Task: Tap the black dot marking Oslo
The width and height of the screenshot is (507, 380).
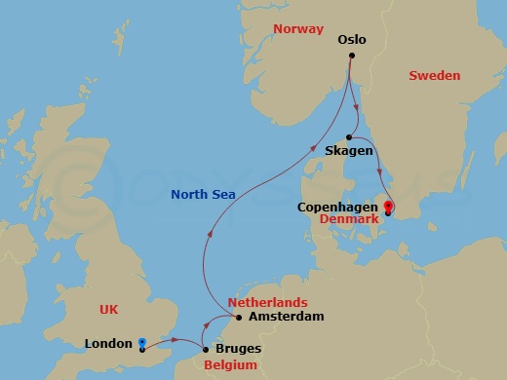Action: [352, 57]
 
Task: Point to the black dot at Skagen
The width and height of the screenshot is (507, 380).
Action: [349, 137]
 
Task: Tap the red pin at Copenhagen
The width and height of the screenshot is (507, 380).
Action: [388, 206]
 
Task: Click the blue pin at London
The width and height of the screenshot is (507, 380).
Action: [142, 342]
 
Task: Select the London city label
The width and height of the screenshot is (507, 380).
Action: [107, 344]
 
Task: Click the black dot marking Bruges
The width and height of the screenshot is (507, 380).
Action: [205, 348]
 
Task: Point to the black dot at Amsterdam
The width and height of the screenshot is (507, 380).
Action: [239, 317]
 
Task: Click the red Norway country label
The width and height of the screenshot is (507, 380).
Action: [298, 29]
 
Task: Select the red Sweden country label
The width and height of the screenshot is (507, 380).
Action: [435, 75]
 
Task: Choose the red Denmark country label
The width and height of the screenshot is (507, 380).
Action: [349, 221]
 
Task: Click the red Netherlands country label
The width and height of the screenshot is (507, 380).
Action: [267, 302]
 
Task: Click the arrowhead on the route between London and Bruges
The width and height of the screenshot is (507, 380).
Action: [174, 340]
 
